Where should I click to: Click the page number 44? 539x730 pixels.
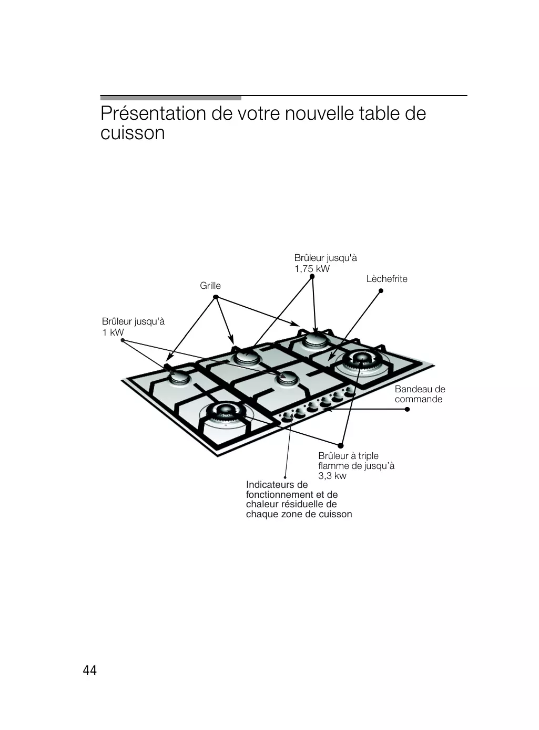coord(90,670)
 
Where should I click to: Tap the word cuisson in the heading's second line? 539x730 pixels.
coord(133,133)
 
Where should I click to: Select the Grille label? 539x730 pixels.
coord(210,286)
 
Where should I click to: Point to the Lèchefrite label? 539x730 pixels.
coord(387,279)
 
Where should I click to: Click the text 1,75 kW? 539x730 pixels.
coord(312,269)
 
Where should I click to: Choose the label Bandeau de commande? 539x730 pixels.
coord(420,394)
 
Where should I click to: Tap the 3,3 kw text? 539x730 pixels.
coord(332,476)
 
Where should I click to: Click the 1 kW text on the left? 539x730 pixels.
coord(113,332)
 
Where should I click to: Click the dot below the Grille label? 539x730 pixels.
coord(216,297)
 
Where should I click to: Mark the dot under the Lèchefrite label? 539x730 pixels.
coord(381,290)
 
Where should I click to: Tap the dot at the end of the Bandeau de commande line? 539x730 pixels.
coord(407,409)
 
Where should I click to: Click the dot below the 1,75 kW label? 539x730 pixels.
coord(312,276)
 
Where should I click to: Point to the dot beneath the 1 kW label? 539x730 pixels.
coord(123,340)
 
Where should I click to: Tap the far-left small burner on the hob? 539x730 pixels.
coord(179,378)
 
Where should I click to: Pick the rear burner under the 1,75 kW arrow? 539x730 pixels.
coord(316,339)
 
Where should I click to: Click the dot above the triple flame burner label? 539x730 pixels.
coord(341,445)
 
